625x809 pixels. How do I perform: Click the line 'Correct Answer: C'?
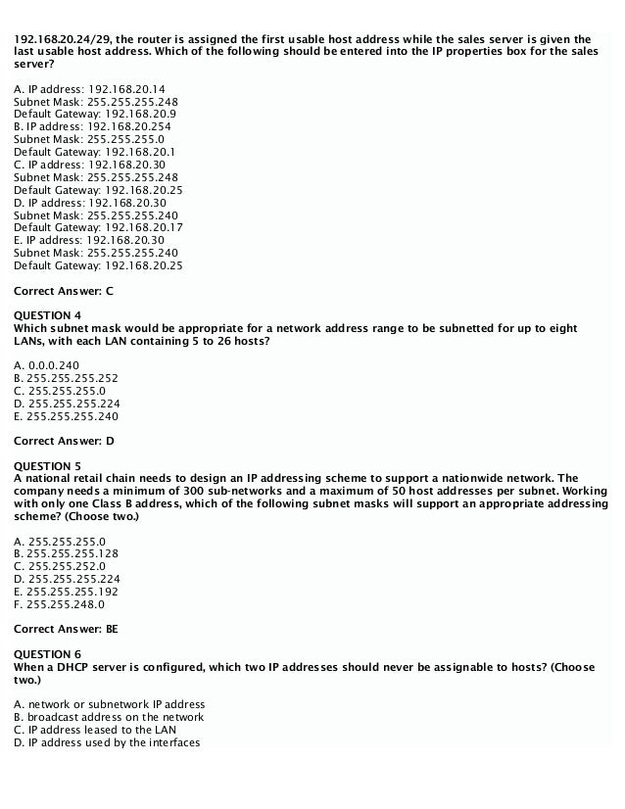[65, 291]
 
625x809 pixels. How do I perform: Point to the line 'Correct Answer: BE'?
[67, 629]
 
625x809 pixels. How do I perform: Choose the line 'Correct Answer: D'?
[65, 441]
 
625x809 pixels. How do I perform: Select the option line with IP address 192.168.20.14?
[90, 89]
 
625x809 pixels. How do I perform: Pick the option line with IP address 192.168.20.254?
[93, 126]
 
